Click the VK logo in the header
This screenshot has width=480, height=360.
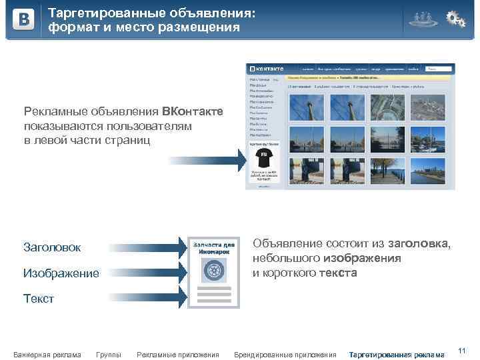pos(24,20)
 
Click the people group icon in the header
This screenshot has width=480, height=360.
pos(422,19)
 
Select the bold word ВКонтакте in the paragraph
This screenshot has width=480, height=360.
pos(192,111)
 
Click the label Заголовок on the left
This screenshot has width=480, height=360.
pos(52,247)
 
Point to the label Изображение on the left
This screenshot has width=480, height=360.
pos(61,273)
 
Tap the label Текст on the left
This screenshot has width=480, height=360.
pos(39,298)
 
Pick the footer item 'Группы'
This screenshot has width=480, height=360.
pos(109,354)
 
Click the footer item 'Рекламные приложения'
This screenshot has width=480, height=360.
pos(177,354)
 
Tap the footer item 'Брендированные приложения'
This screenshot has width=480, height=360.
pos(285,354)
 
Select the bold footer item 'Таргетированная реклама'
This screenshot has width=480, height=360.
pos(396,354)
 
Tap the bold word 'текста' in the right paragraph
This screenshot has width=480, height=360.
pos(339,273)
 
